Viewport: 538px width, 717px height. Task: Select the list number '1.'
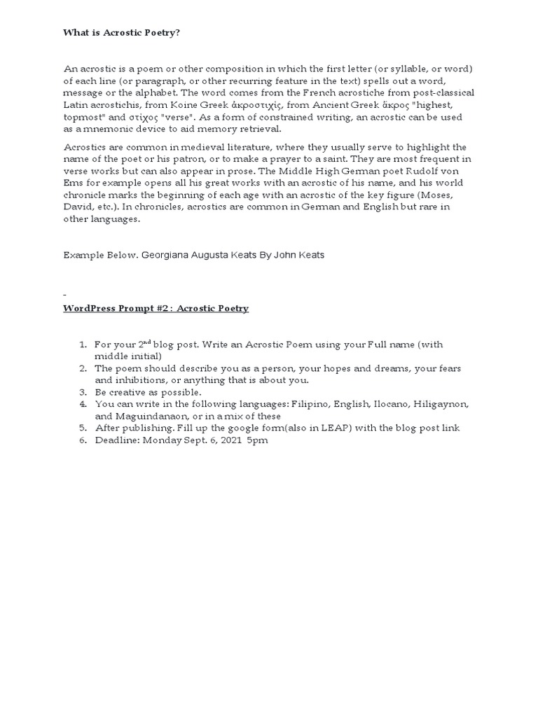pyautogui.click(x=82, y=345)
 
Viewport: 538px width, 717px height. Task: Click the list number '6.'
pyautogui.click(x=82, y=440)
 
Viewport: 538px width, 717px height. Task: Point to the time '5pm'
pyautogui.click(x=257, y=440)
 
